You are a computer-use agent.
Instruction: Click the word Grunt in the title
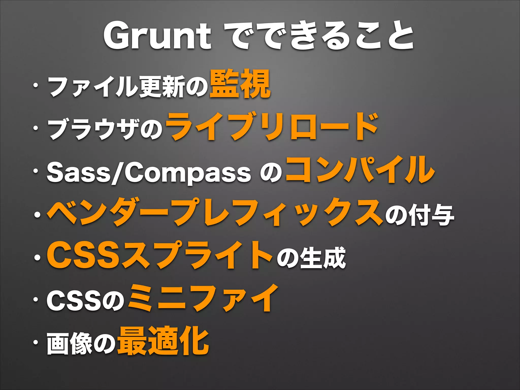157,36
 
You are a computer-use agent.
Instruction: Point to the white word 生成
322,258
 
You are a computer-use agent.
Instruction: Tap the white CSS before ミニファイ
74,301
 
